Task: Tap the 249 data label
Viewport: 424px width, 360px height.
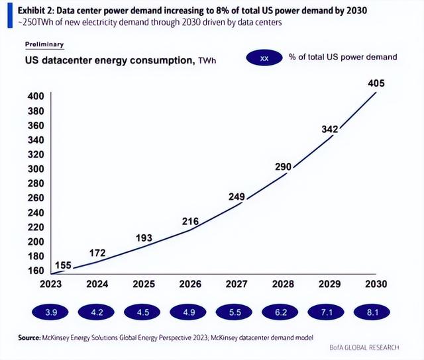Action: tap(237, 197)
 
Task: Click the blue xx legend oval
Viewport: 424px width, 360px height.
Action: tap(264, 58)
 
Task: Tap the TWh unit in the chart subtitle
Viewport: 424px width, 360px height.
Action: tap(207, 61)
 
